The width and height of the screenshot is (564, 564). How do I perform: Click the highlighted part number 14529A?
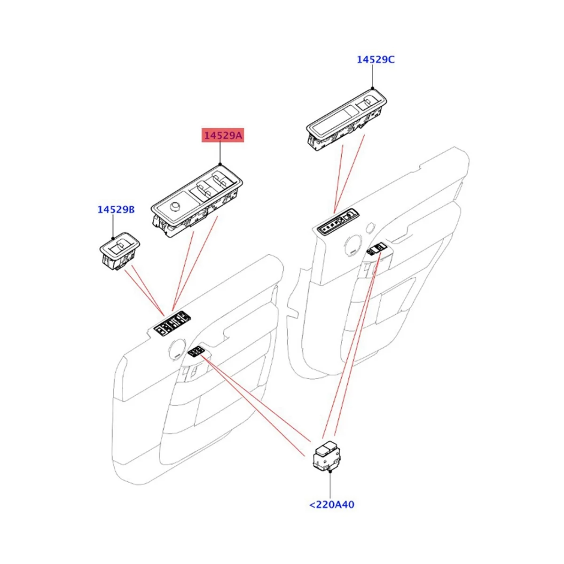coord(223,136)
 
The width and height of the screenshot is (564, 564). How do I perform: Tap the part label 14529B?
coord(116,209)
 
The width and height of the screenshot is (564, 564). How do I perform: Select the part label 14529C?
coord(375,59)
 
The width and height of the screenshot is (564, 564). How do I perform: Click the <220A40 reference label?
coord(331,505)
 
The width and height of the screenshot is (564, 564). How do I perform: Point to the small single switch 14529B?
coord(119,252)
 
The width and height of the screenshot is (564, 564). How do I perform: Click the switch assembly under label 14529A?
coord(197,200)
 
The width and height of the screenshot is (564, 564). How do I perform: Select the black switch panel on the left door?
coord(172,324)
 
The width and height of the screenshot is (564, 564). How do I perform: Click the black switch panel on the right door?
coord(337,221)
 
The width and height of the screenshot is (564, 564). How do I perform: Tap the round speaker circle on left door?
coord(177,348)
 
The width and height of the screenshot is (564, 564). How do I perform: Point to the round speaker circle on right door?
coord(353,244)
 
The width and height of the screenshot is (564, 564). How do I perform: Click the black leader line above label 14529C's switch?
coord(373,76)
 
